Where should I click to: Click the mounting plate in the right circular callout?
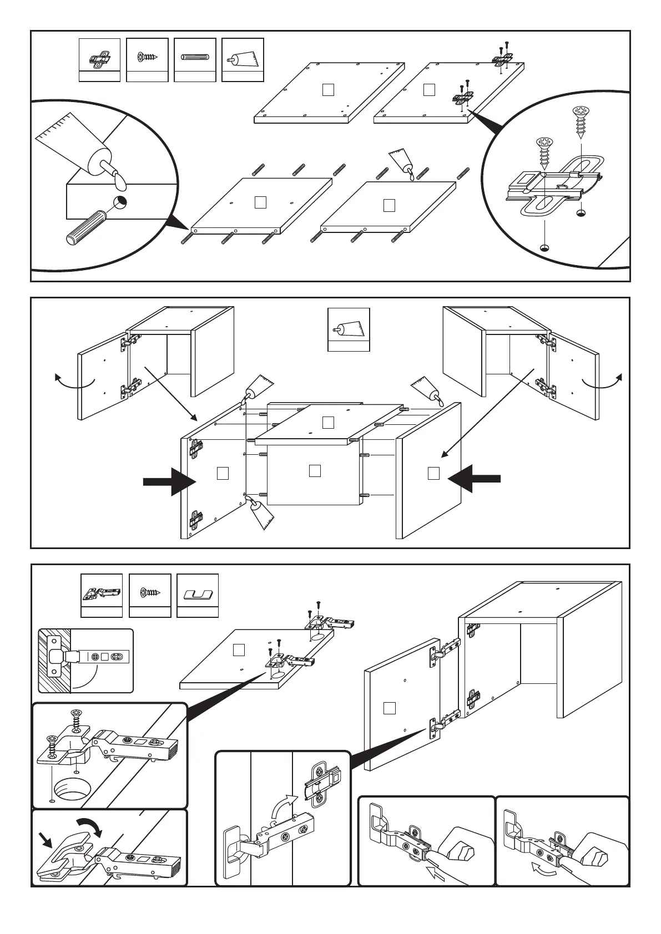(555, 185)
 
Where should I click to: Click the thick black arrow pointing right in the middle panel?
(170, 480)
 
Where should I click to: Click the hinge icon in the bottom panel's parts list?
(102, 593)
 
